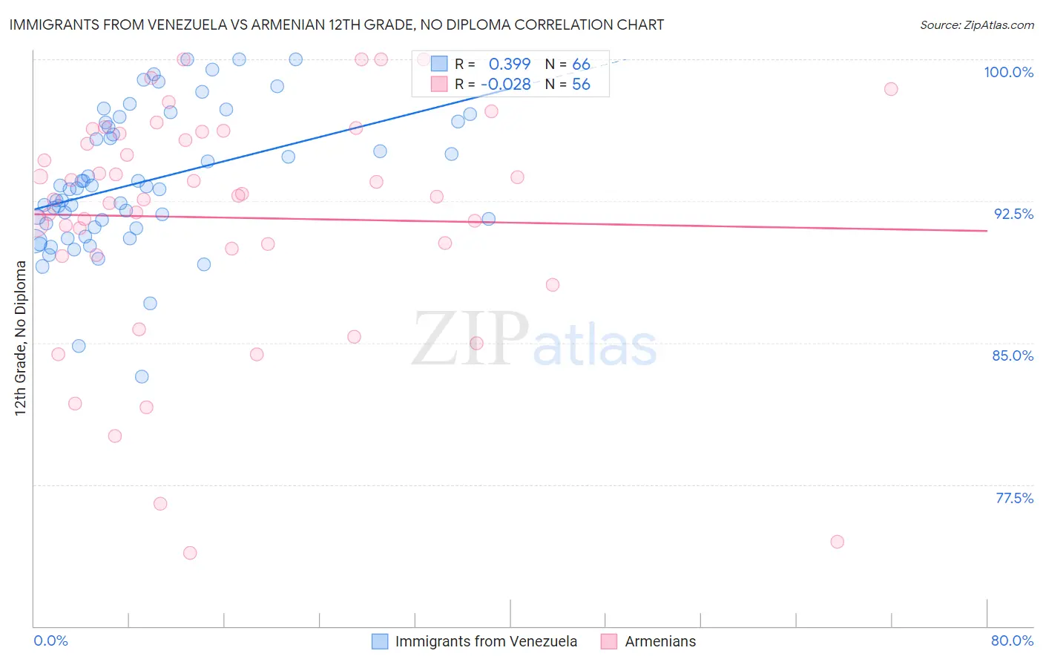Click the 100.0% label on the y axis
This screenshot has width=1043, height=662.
[1008, 72]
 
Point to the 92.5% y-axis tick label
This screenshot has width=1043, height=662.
[1013, 214]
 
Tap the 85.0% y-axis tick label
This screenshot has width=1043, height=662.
[1013, 355]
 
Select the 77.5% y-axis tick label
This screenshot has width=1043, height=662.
[1014, 498]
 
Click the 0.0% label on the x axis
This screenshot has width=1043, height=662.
[50, 640]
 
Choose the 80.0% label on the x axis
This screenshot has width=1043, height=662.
[1012, 640]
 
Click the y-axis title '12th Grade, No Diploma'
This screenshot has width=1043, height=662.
[21, 338]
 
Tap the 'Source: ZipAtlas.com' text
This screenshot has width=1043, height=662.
[976, 24]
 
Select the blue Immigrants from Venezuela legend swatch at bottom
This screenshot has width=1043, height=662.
[380, 641]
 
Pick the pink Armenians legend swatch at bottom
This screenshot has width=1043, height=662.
[610, 641]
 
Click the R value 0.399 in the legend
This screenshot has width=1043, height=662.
[510, 65]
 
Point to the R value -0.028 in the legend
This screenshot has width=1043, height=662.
[506, 85]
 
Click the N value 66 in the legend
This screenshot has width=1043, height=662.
[581, 65]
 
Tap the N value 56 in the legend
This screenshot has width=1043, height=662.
[581, 85]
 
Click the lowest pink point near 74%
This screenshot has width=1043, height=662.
[190, 553]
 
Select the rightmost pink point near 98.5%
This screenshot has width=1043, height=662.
[891, 89]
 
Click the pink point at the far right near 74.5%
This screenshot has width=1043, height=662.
[838, 542]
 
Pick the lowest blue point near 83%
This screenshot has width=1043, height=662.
[142, 376]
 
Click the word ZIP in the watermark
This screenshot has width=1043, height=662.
[470, 340]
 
